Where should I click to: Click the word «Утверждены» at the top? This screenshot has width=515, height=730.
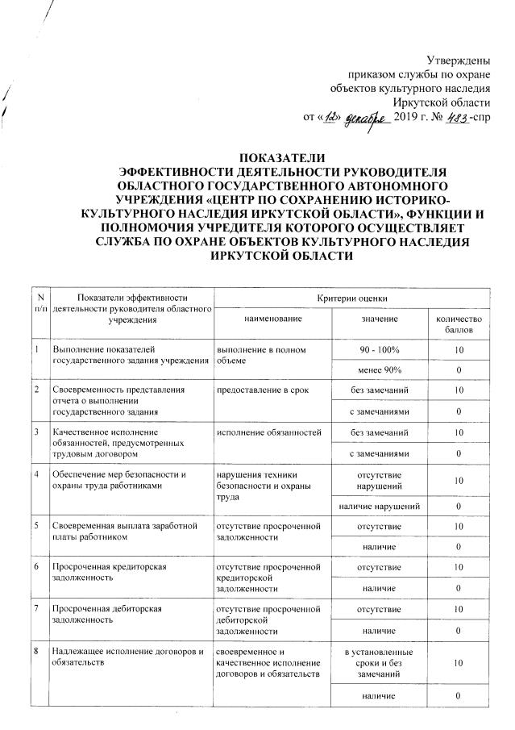[x=458, y=60]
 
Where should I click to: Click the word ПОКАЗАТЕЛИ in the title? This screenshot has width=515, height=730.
[x=258, y=156]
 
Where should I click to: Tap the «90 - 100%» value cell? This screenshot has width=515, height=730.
[x=379, y=348]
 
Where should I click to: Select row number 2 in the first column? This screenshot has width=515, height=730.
[x=38, y=390]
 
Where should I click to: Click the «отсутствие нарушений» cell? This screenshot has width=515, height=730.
[x=379, y=479]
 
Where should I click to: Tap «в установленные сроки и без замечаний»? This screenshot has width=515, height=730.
[x=379, y=661]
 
